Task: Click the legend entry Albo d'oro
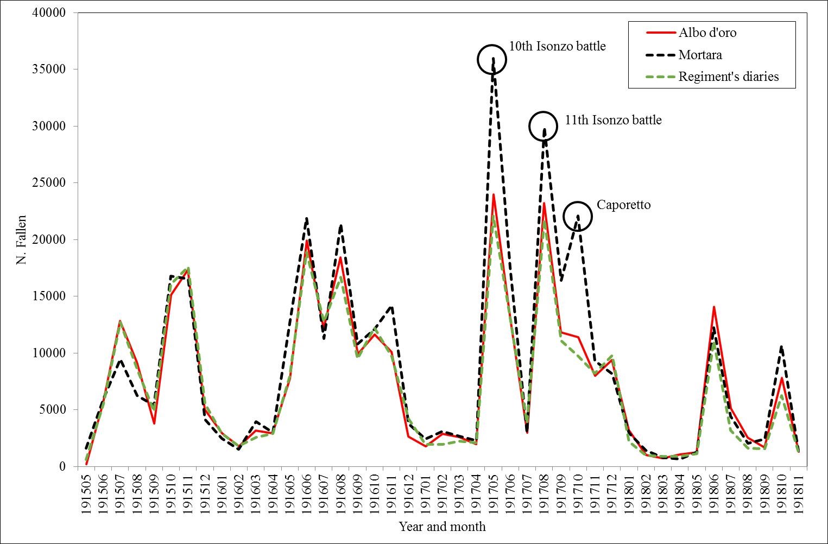(707, 33)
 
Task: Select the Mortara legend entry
(700, 55)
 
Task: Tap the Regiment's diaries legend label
(728, 77)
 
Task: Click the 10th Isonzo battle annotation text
(557, 46)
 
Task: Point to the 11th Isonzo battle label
(613, 120)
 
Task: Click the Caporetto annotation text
(623, 205)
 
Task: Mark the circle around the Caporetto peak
(577, 216)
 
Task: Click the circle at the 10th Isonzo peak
(492, 59)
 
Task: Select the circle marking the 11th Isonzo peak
(543, 126)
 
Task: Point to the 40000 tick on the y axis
(49, 12)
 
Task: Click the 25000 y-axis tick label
(49, 183)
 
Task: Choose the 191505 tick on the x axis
(87, 492)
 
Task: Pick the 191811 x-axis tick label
(799, 492)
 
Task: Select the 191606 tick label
(307, 492)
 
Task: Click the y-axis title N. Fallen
(21, 239)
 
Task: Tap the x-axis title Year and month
(442, 527)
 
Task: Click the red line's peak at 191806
(714, 307)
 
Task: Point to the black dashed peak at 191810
(781, 346)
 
